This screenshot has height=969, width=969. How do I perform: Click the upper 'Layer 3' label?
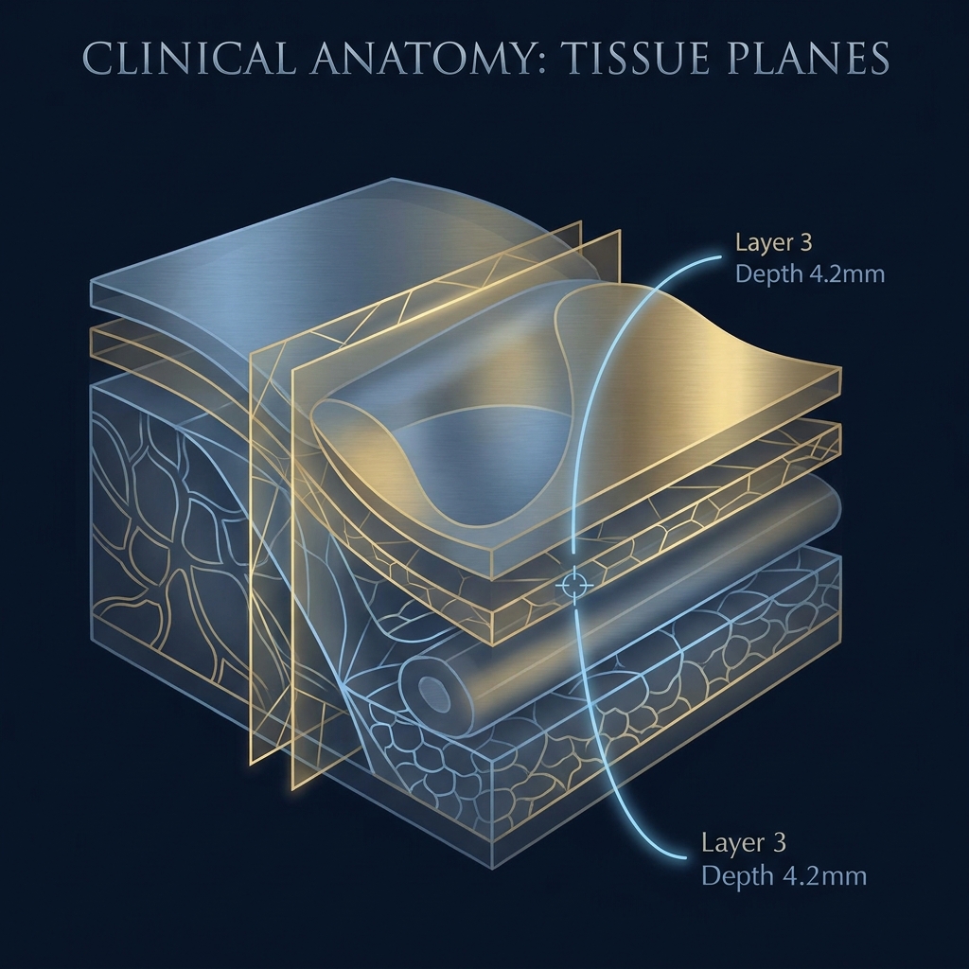point(773,242)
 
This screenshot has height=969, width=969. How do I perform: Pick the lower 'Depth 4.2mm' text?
point(784,875)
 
